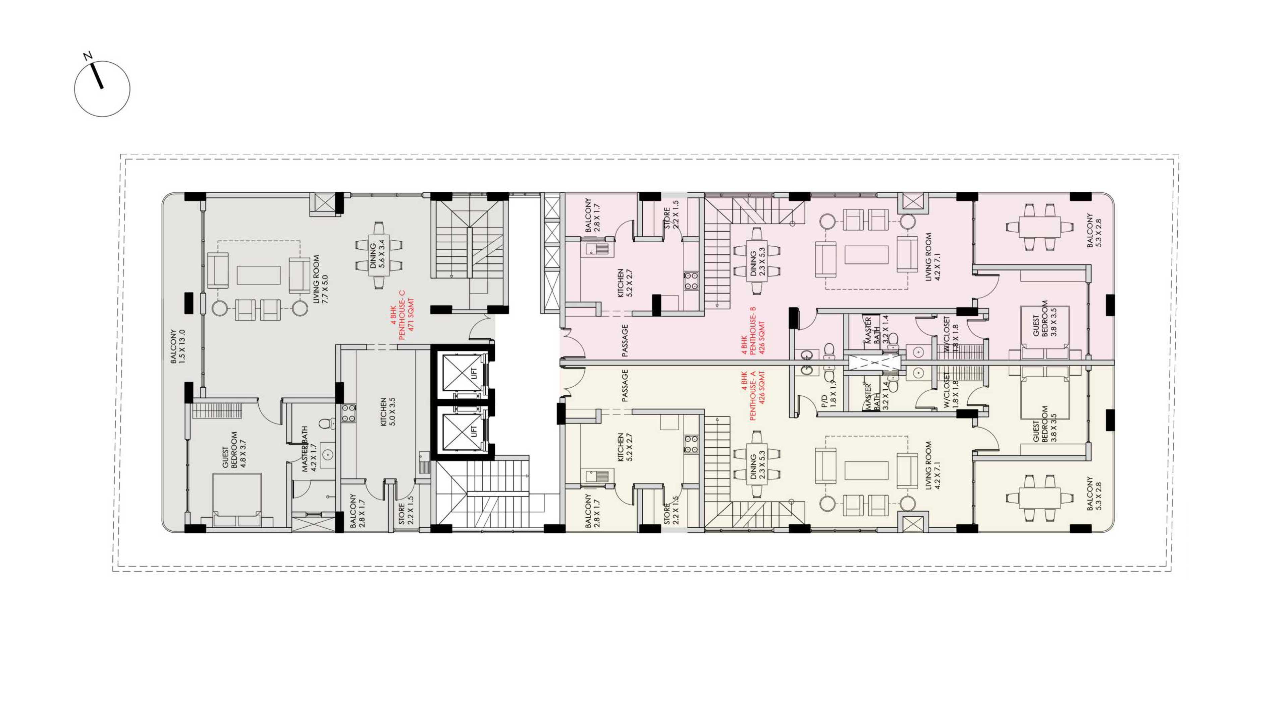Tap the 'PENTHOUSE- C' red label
[x=402, y=316]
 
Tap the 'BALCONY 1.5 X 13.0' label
[x=177, y=346]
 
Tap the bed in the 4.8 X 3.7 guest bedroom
[x=237, y=500]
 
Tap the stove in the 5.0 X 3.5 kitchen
[x=348, y=413]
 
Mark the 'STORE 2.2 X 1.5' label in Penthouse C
[x=406, y=510]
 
